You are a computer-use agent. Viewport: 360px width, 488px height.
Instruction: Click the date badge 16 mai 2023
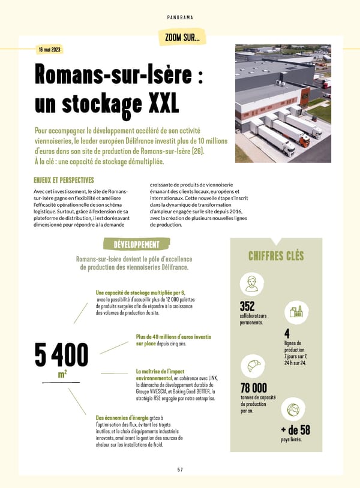point(48,49)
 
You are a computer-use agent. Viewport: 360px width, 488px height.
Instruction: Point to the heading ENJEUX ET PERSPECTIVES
point(64,179)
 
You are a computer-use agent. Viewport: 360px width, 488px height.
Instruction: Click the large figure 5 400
point(61,355)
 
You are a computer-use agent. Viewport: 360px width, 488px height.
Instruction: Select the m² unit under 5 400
point(62,375)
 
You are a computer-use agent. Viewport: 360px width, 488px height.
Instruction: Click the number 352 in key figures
point(247,306)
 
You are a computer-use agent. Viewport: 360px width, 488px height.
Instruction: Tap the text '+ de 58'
point(295,430)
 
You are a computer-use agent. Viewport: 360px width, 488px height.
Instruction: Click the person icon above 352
point(251,283)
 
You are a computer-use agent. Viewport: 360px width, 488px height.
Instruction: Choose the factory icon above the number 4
point(295,312)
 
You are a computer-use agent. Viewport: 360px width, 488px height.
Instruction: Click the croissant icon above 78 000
point(252,366)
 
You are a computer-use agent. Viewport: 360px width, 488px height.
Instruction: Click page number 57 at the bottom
point(180,468)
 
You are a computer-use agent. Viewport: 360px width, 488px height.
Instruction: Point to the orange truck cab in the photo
point(305,141)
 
